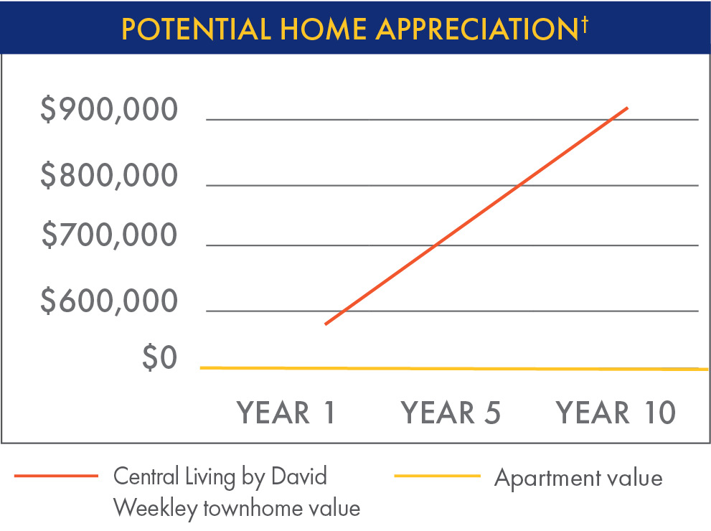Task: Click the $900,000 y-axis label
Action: pos(109,110)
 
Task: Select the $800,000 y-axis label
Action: pos(109,176)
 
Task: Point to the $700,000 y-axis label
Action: pos(109,235)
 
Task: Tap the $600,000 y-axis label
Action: pos(109,302)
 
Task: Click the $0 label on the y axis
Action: pos(159,358)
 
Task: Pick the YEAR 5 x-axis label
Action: pos(451,413)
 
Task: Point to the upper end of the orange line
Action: pos(628,108)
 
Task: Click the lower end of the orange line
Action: pos(326,324)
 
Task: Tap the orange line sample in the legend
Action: pos(55,476)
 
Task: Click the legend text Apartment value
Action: pos(578,477)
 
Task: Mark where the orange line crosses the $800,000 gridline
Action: pos(517,186)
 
